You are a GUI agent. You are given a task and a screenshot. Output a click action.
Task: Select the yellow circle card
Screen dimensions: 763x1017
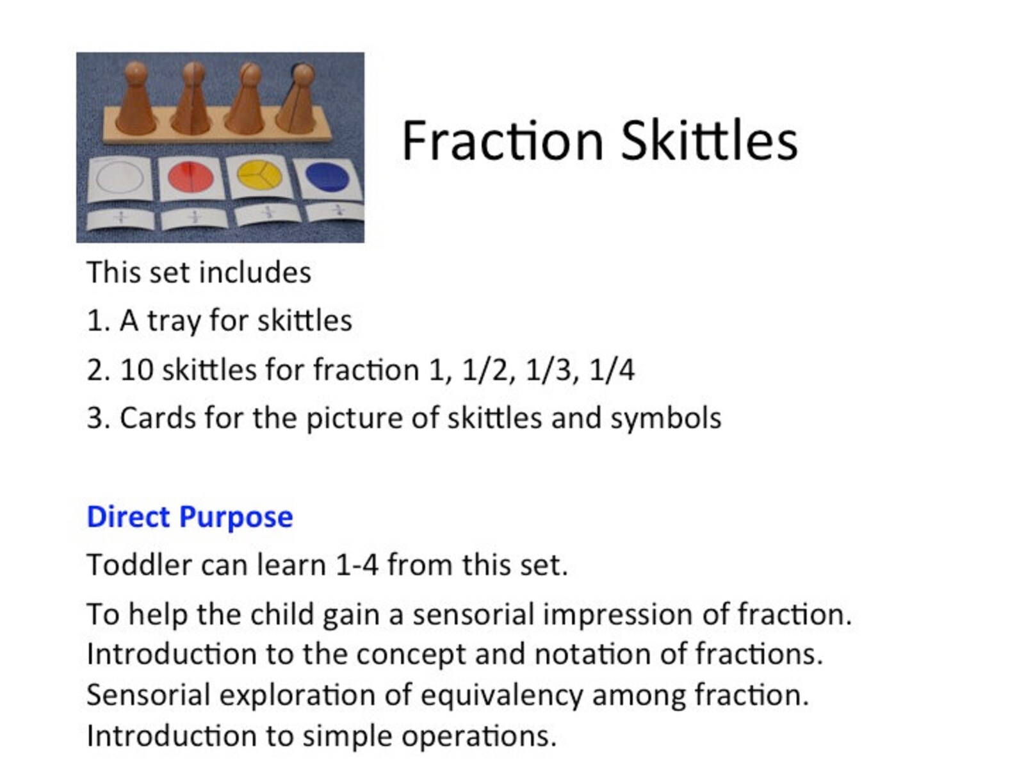tap(259, 175)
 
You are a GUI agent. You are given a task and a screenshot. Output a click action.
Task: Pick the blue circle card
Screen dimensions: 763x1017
tap(327, 177)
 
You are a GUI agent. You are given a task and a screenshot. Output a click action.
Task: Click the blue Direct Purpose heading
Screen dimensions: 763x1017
tap(190, 516)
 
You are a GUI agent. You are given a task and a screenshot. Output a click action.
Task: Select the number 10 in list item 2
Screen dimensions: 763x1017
tap(136, 370)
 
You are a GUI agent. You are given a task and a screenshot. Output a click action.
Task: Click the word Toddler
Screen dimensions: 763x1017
tap(139, 565)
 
